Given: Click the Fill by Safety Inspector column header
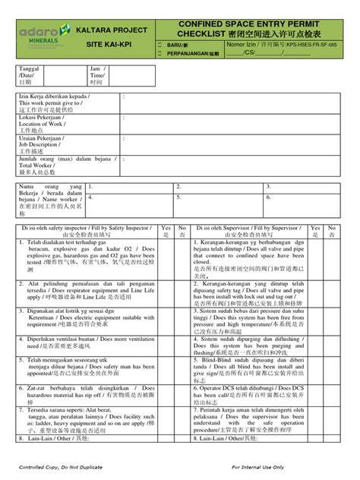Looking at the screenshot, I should coord(86,231).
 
